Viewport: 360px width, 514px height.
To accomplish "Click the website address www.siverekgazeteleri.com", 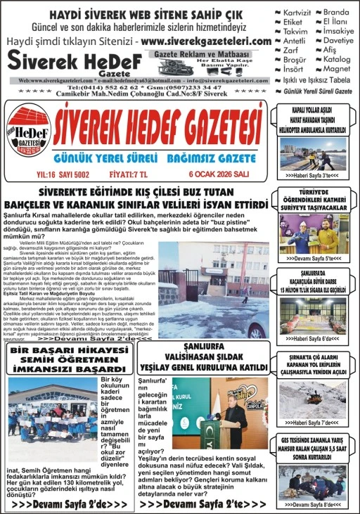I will [205, 41].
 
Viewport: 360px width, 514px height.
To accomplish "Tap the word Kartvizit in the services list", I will [297, 12].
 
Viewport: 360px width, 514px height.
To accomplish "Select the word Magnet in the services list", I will [337, 68].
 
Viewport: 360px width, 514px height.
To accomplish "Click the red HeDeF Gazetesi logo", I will [29, 134].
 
